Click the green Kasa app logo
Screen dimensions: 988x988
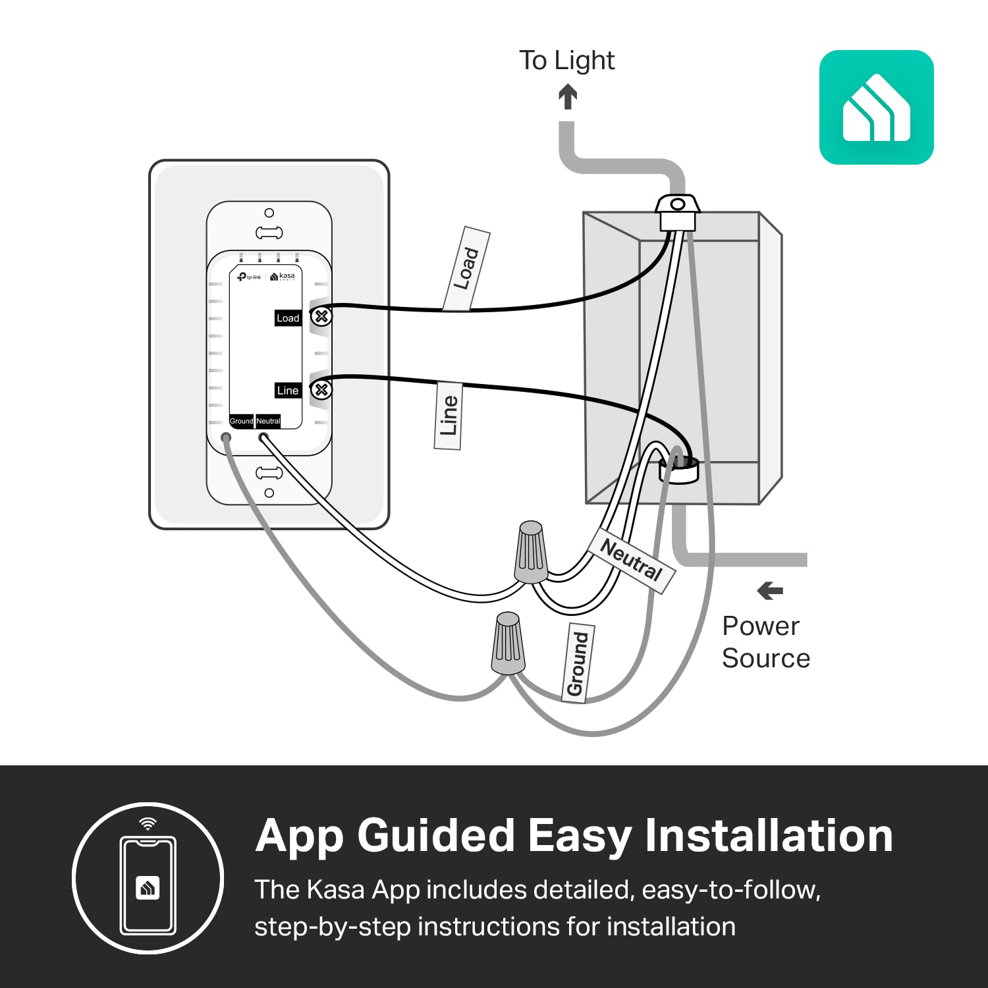click(x=876, y=107)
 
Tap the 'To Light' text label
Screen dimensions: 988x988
click(x=566, y=61)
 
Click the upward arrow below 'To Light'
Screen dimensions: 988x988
click(x=568, y=97)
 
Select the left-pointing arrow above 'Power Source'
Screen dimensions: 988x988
click(x=770, y=591)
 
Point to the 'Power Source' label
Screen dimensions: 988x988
click(x=765, y=642)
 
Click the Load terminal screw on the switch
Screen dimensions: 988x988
click(x=321, y=317)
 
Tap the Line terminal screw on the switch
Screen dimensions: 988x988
click(x=321, y=389)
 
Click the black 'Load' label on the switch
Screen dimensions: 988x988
click(x=288, y=318)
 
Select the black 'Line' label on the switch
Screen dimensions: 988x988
click(x=288, y=391)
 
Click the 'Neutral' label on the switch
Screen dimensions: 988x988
click(x=268, y=421)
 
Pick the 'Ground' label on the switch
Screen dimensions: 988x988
click(x=241, y=421)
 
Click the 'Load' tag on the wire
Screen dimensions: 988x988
click(x=466, y=269)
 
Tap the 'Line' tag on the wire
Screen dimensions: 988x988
click(x=448, y=416)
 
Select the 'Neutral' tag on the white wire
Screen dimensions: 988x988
click(x=631, y=560)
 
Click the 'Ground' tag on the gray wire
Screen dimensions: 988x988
click(x=578, y=663)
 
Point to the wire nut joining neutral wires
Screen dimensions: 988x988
click(x=531, y=552)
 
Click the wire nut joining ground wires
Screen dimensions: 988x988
click(x=508, y=642)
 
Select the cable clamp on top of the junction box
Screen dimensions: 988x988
click(x=677, y=211)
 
